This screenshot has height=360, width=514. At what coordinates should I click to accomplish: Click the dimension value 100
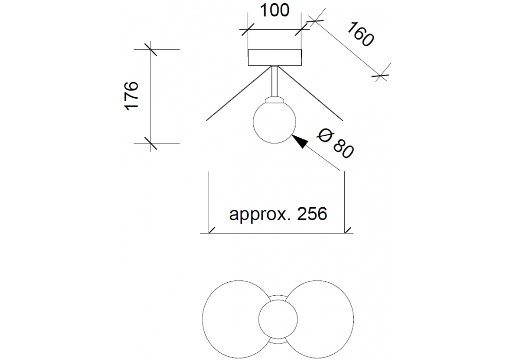click(273, 10)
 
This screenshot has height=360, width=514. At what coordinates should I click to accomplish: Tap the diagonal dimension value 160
click(358, 34)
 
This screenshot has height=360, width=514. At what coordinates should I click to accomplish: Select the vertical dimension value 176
click(132, 95)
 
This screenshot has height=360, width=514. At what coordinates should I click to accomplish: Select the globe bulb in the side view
click(274, 122)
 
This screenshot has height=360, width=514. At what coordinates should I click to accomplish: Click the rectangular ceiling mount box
click(274, 57)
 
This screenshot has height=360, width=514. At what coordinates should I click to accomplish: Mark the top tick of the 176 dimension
click(151, 49)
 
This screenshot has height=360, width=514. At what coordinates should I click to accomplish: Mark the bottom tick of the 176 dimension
click(151, 142)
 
